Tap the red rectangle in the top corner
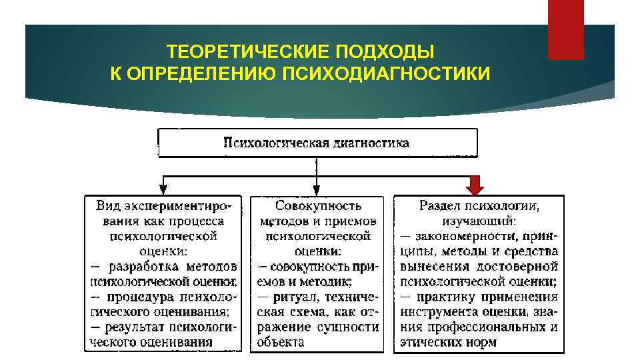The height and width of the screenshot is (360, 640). point(565,29)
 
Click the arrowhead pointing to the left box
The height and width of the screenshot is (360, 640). point(162,189)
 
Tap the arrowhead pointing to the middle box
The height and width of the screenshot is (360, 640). point(317,189)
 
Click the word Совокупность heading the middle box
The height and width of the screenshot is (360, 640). point(317,206)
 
